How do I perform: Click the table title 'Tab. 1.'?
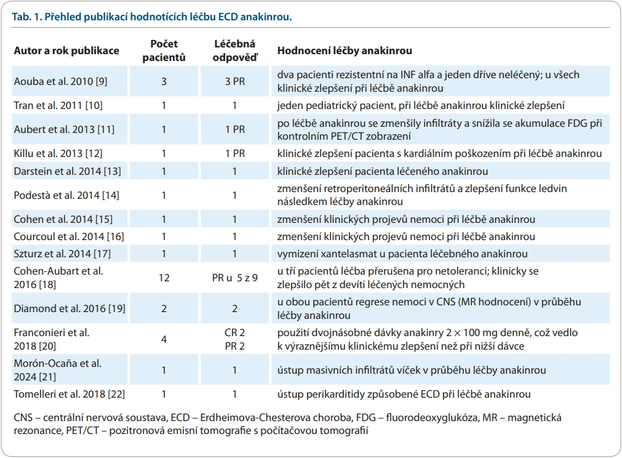pyautogui.click(x=26, y=17)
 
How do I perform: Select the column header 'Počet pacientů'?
pyautogui.click(x=164, y=50)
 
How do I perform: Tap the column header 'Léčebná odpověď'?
pyautogui.click(x=235, y=50)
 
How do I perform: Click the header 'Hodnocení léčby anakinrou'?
pyautogui.click(x=345, y=51)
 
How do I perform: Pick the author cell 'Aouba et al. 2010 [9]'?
pyautogui.click(x=60, y=81)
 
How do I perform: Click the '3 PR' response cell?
pyautogui.click(x=235, y=81)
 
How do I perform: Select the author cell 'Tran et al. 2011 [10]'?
pyautogui.click(x=58, y=105)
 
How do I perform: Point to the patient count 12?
pyautogui.click(x=164, y=278)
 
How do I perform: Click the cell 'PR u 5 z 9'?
pyautogui.click(x=235, y=278)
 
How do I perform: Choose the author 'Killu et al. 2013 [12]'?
pyautogui.click(x=58, y=154)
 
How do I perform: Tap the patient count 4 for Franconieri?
pyautogui.click(x=164, y=339)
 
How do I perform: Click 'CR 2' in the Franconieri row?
pyautogui.click(x=235, y=332)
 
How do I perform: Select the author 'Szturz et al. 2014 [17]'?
pyautogui.click(x=62, y=254)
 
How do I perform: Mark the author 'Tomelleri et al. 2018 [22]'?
pyautogui.click(x=70, y=395)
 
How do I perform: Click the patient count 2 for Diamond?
pyautogui.click(x=164, y=309)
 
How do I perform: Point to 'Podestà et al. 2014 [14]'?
pyautogui.click(x=66, y=195)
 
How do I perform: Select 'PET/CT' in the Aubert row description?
pyautogui.click(x=347, y=137)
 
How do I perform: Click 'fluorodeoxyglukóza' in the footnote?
pyautogui.click(x=433, y=418)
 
